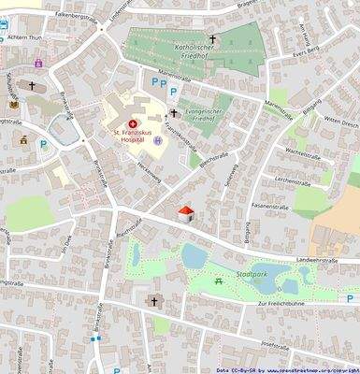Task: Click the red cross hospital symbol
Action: [132, 122]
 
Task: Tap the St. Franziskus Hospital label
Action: [133, 137]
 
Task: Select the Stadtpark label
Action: [253, 275]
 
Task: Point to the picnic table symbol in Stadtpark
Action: [218, 280]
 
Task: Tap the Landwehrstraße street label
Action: [315, 262]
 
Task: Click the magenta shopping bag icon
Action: [38, 63]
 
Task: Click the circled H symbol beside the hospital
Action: [158, 141]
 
